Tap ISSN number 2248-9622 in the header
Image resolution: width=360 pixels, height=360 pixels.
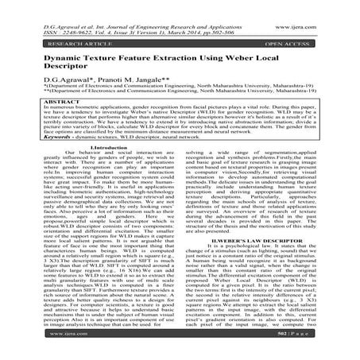pos(64,14)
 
